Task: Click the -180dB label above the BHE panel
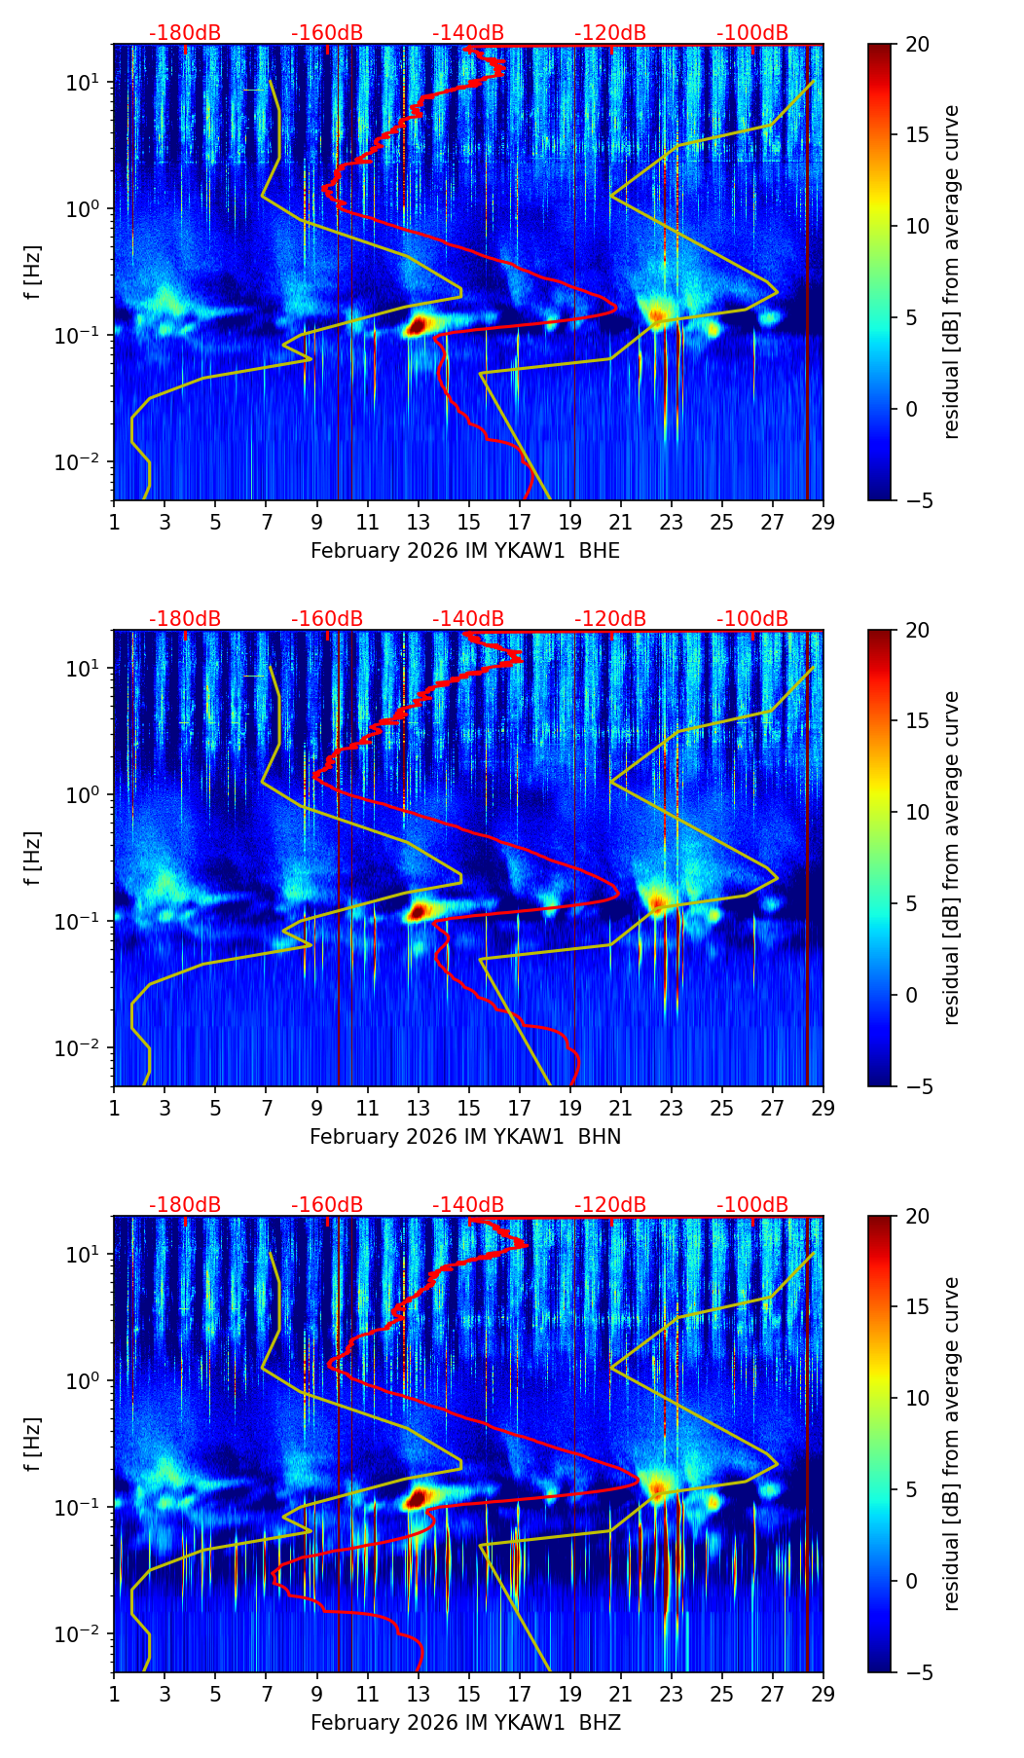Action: pos(185,34)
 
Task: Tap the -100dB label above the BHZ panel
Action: pos(752,1206)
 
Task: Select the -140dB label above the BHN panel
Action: pos(468,620)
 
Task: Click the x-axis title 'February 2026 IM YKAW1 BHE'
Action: pos(465,551)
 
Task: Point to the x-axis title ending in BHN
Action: pos(465,1137)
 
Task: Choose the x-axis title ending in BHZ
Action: pos(465,1723)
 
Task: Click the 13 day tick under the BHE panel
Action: pos(418,521)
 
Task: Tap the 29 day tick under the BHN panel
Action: pos(823,1107)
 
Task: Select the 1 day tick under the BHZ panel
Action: pos(114,1693)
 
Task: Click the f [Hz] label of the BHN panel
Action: pos(34,858)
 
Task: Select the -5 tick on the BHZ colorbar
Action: pos(916,1672)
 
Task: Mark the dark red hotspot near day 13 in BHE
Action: pos(417,325)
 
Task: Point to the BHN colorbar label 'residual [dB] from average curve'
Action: pos(952,858)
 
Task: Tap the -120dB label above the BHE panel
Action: pos(610,34)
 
